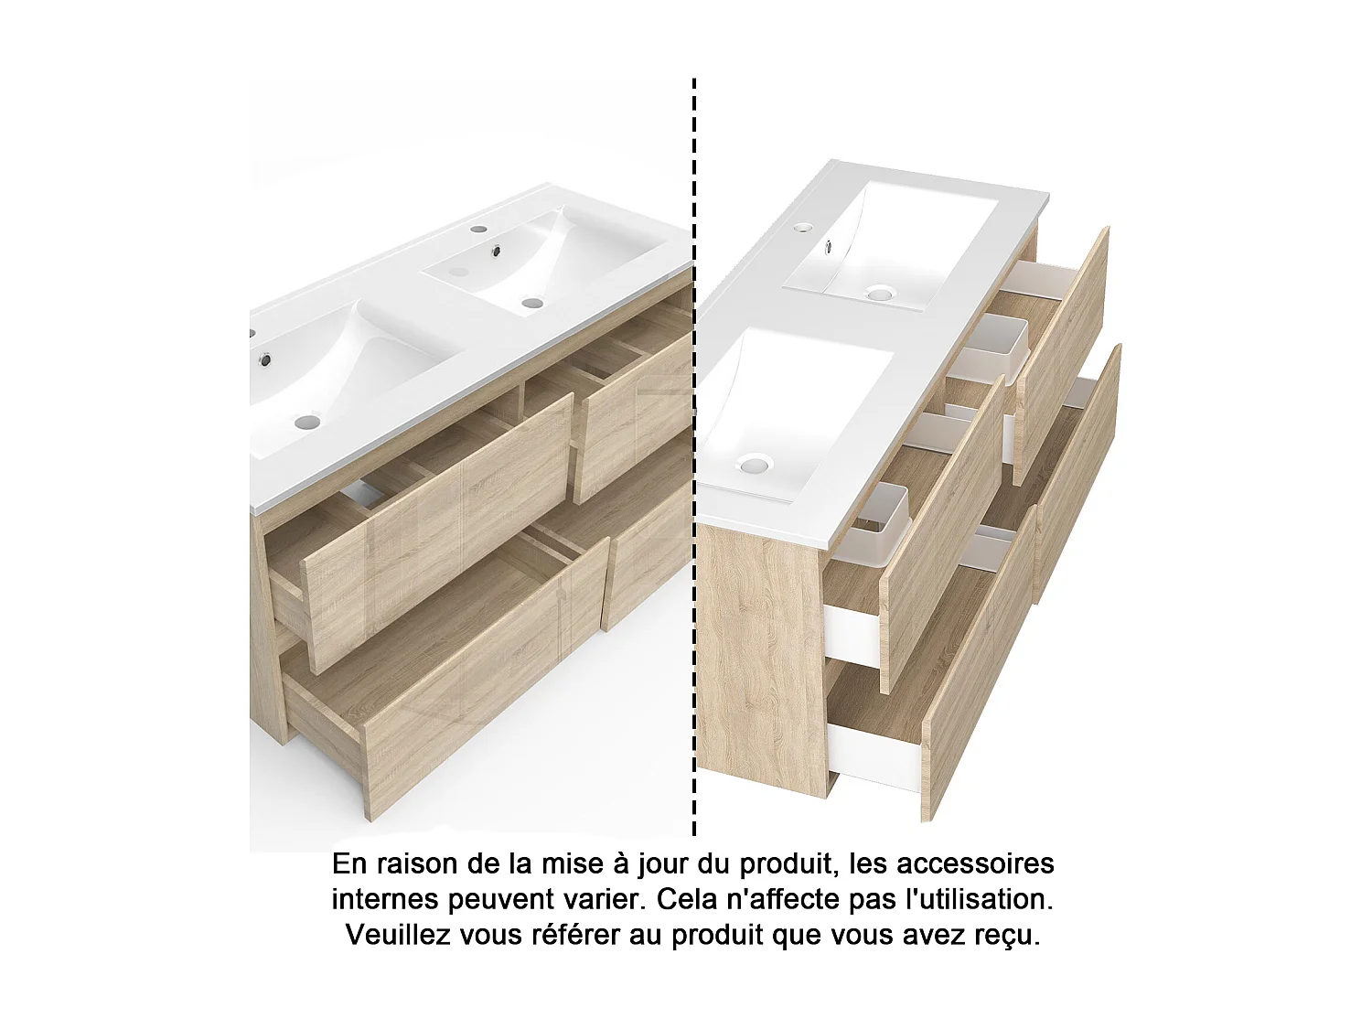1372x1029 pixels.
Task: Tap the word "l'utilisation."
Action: click(979, 899)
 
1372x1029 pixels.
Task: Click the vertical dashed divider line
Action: click(694, 457)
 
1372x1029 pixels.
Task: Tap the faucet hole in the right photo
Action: click(803, 226)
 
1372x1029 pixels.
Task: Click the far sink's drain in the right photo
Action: click(880, 293)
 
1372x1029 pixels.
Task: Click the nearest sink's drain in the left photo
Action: click(308, 422)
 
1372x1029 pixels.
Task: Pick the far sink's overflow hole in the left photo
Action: click(498, 250)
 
